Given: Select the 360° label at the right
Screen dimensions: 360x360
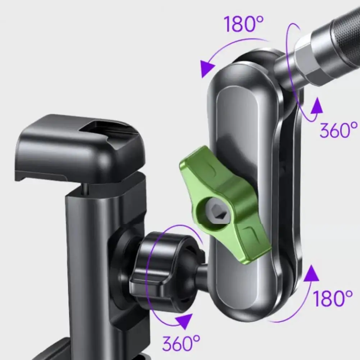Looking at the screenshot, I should click(338, 130).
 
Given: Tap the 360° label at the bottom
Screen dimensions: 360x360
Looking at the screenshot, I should click(181, 343).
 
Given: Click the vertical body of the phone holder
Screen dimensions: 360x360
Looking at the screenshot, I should click(90, 252).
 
